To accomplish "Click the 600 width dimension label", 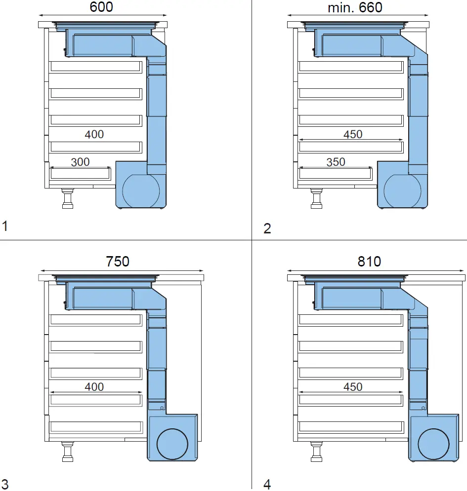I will tap(101, 7).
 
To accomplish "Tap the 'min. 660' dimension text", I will tap(355, 7).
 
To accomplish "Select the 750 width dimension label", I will tap(118, 261).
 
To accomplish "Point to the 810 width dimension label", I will tap(369, 261).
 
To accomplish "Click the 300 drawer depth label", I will tap(80, 162).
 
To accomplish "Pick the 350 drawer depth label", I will tap(336, 162).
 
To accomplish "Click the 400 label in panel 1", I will tap(94, 134).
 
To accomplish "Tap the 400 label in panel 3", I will tap(94, 387).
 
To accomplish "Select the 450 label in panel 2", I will tap(353, 134).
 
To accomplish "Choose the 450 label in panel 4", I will tap(353, 387).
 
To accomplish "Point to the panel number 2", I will tap(267, 228).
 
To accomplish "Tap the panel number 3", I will tap(5, 483).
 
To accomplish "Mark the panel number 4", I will tap(267, 484).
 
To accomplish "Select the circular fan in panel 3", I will tap(172, 444).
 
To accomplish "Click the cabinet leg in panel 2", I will tap(316, 198).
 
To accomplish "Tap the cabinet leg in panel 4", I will tap(316, 452).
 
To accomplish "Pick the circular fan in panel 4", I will tap(433, 444).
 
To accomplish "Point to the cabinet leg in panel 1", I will tap(68, 198).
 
